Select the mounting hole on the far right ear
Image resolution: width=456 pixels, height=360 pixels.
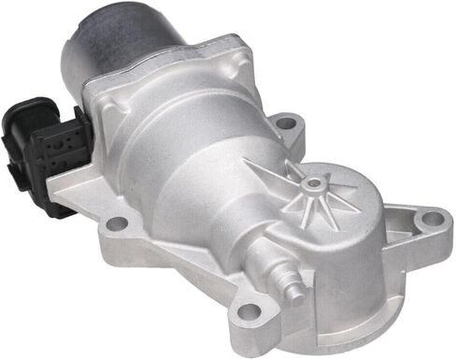point(431,220)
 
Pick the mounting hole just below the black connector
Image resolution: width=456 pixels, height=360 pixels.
point(116,223)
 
